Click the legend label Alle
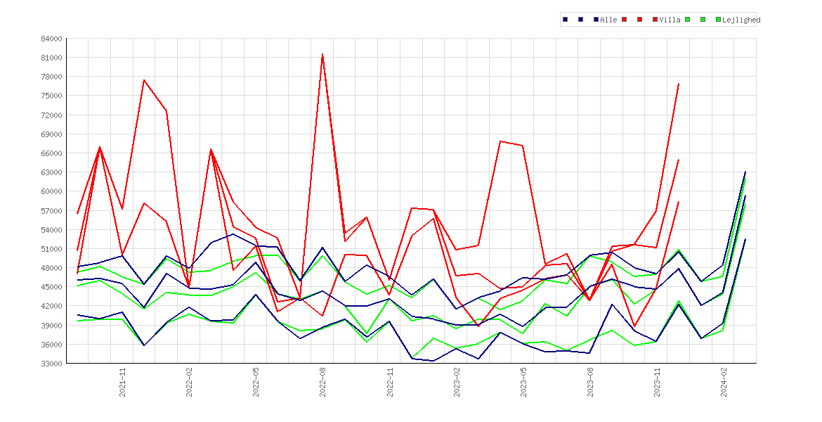tap(608, 20)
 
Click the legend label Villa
tap(670, 20)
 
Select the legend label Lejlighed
tap(741, 20)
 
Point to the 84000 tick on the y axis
tap(51, 39)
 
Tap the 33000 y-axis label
tap(51, 364)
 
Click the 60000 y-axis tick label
tap(51, 191)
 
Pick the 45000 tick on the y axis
tap(51, 287)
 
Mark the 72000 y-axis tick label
tap(51, 115)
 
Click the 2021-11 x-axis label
tap(122, 382)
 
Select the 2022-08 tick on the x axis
tap(323, 382)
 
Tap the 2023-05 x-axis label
tap(523, 382)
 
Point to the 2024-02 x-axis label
tap(724, 382)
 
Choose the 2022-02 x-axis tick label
tap(189, 382)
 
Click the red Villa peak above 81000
tap(322, 54)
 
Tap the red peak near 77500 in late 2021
tap(143, 79)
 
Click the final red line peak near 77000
tap(679, 84)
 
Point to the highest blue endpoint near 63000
tap(745, 172)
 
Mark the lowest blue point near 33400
tap(433, 361)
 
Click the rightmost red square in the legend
tap(655, 20)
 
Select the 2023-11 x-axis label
tap(657, 382)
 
